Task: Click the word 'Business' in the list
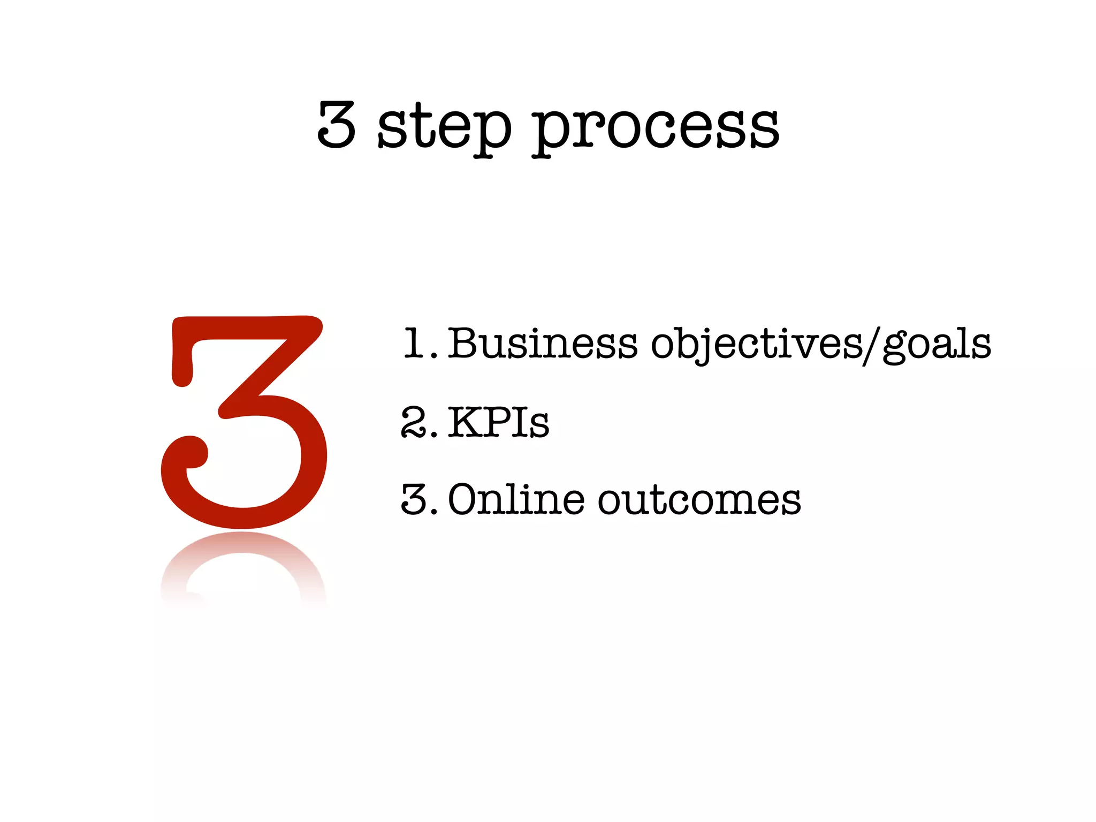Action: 542,344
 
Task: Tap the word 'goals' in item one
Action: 937,344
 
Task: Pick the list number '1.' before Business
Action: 420,344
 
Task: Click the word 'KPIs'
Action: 498,423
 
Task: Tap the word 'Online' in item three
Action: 516,500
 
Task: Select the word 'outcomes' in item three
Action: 699,501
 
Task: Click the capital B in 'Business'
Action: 463,344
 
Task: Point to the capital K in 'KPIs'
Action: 466,423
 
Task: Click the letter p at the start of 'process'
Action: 549,131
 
